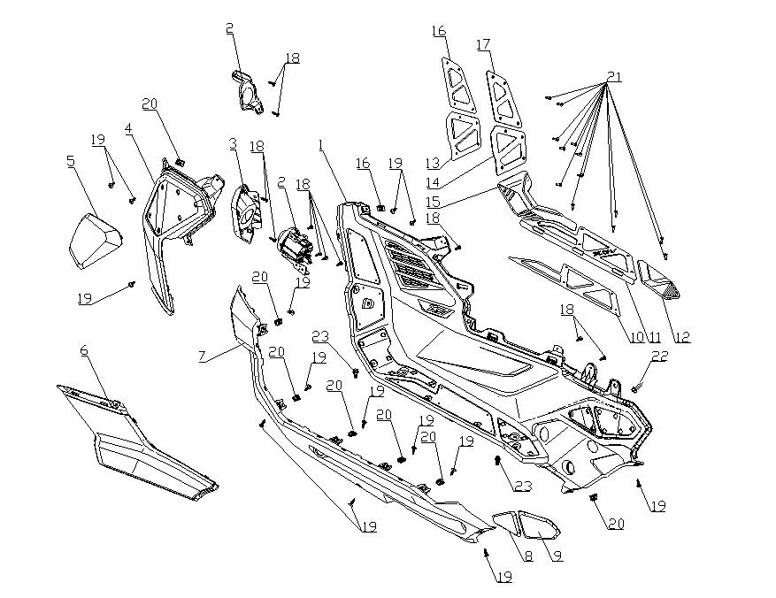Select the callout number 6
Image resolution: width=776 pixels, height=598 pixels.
pos(84,350)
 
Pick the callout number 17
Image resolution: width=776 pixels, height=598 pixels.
pos(483,44)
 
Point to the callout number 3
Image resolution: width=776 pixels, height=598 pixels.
pos(233,143)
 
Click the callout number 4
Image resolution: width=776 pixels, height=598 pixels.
pos(128,129)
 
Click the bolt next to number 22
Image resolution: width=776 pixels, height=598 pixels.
pos(636,387)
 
